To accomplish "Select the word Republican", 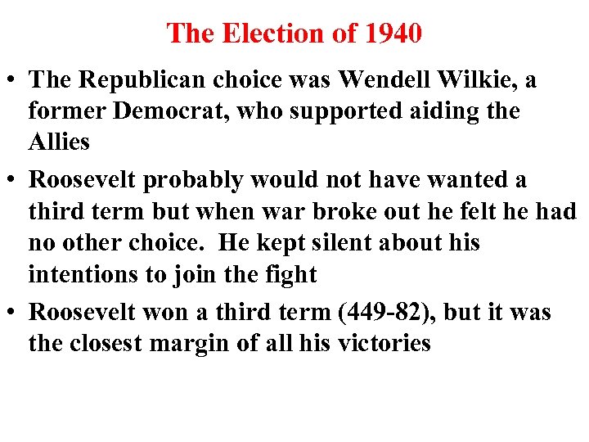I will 143,80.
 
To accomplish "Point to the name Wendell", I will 381,80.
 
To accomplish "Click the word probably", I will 206,179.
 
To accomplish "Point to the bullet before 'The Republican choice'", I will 13,81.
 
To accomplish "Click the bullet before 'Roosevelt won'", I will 13,313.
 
